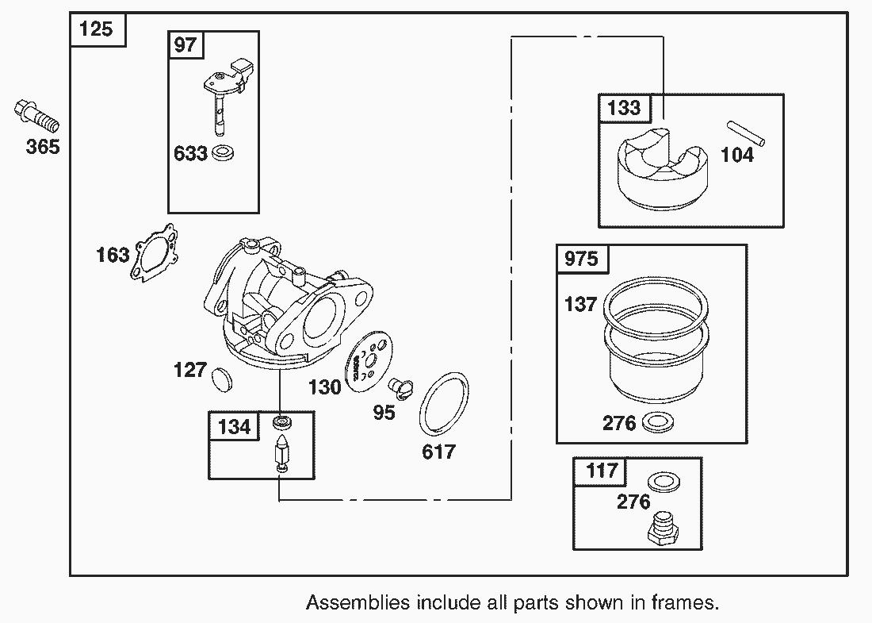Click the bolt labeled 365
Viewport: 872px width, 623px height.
(x=36, y=117)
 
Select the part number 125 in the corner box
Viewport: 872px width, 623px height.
(x=97, y=30)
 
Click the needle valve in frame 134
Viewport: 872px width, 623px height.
(x=282, y=456)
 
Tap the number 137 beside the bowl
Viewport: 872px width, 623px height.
(x=580, y=303)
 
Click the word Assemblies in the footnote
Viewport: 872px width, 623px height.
(x=358, y=602)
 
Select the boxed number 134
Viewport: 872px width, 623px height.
(x=234, y=427)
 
